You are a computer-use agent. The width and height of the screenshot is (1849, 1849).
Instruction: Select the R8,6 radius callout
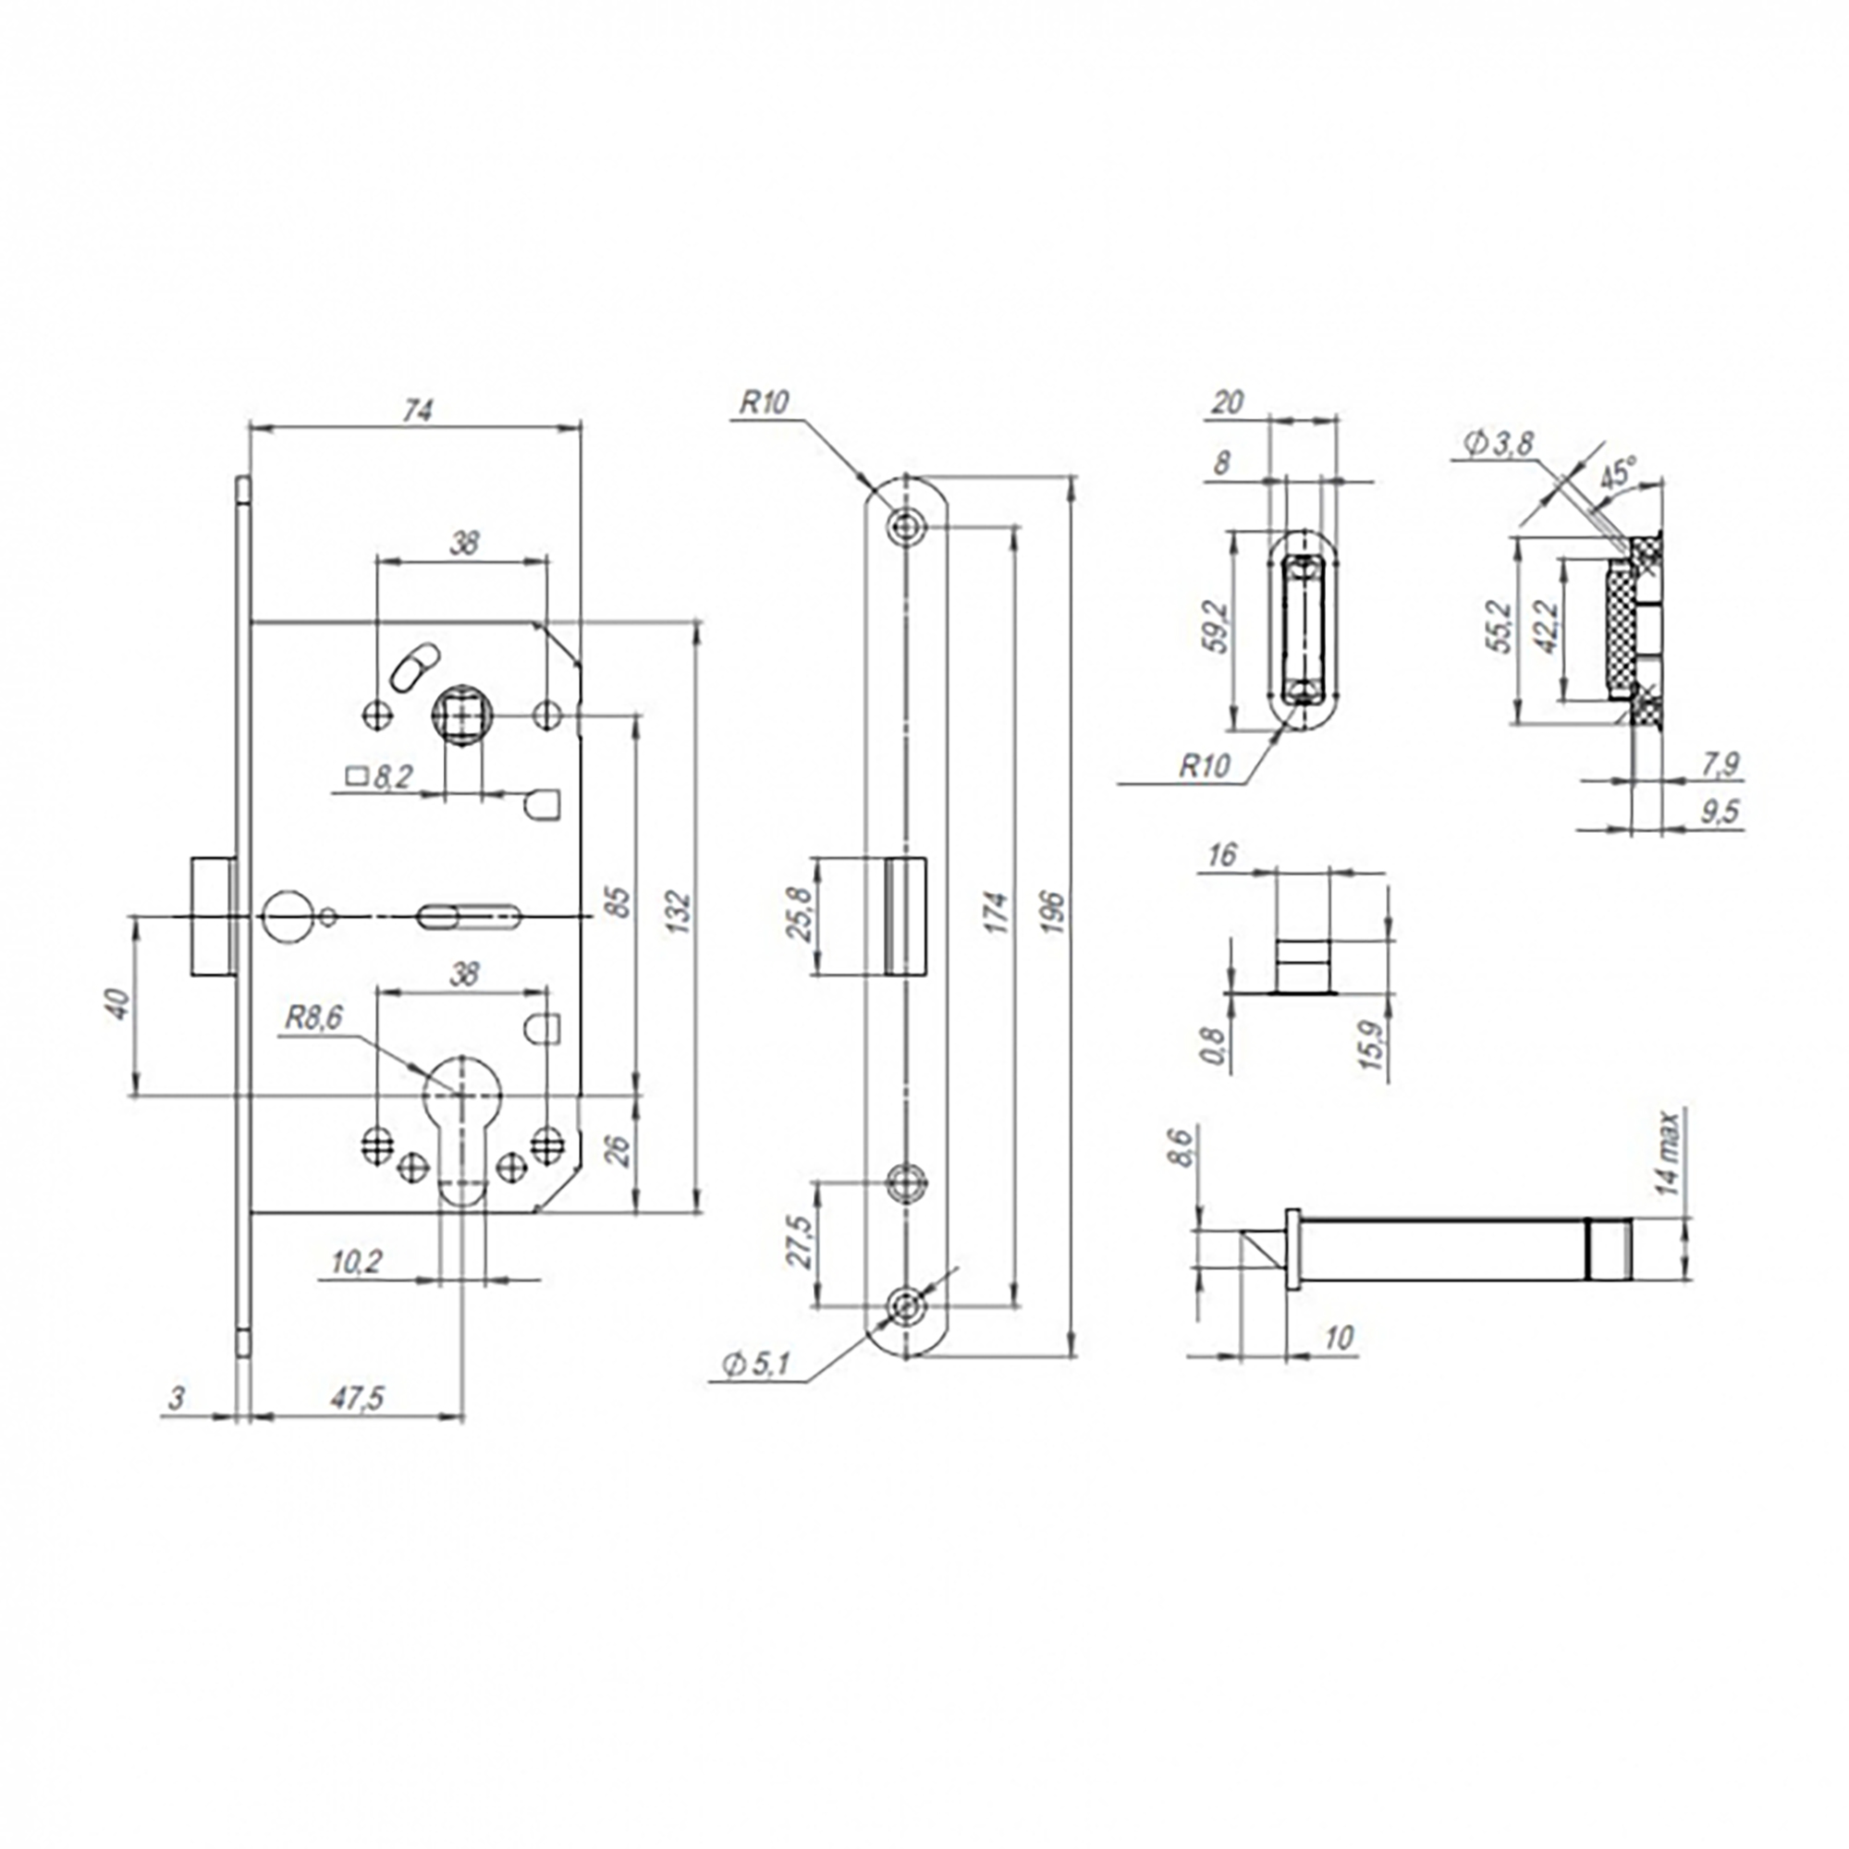(313, 1018)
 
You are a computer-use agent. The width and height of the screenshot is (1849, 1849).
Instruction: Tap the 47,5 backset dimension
(357, 1398)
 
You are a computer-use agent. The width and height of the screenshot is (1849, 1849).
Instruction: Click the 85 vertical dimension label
(620, 902)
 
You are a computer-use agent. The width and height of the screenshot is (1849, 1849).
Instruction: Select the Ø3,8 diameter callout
(1499, 444)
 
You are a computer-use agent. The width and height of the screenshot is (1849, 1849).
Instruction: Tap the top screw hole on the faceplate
(904, 523)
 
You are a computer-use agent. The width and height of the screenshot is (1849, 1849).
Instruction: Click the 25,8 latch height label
(799, 915)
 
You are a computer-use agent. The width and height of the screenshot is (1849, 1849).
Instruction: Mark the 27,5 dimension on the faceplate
(799, 1243)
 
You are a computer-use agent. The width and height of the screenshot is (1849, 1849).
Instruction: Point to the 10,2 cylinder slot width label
(356, 1262)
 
